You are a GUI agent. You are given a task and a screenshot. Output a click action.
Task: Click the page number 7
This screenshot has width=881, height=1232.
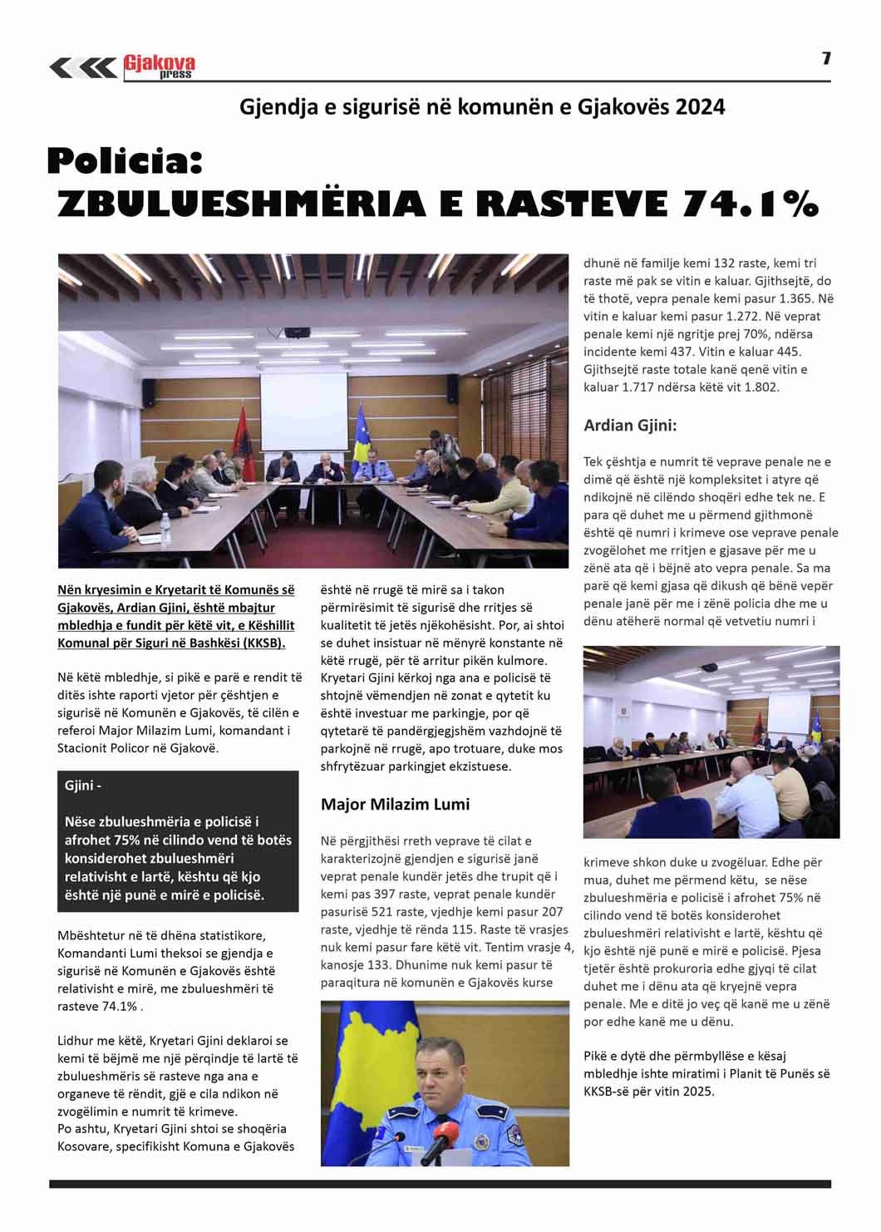(x=826, y=57)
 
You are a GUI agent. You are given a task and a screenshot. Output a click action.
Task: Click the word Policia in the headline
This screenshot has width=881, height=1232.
(x=125, y=161)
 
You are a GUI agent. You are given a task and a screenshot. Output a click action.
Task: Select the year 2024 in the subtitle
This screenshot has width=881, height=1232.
(x=700, y=107)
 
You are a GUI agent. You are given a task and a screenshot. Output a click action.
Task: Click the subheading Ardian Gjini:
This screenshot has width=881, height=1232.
(x=630, y=426)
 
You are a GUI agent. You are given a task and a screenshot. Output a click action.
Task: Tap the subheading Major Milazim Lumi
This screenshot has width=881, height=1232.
(x=395, y=804)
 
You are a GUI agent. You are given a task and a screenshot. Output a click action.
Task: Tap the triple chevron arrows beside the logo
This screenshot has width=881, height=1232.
(x=82, y=67)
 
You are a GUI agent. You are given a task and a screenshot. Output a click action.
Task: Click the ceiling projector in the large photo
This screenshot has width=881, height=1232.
(x=297, y=332)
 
